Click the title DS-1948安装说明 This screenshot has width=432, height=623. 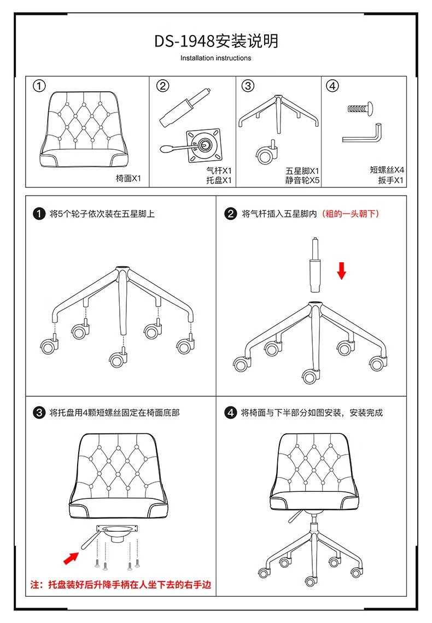[216, 41]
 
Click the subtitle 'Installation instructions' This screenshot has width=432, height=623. [216, 58]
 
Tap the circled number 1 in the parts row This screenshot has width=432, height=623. [39, 86]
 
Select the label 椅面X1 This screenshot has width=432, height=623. [129, 178]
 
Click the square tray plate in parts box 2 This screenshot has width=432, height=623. [204, 145]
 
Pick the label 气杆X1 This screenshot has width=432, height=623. [219, 171]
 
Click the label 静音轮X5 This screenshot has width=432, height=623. [302, 180]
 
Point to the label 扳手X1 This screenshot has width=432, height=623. [391, 180]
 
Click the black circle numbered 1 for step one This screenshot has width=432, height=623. [38, 214]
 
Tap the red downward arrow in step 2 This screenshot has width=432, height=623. [342, 270]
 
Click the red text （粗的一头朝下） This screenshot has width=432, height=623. [350, 214]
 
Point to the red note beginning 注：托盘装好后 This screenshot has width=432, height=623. [121, 585]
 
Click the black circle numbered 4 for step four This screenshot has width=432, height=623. [231, 413]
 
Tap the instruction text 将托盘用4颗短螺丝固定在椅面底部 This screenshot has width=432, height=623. [114, 413]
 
